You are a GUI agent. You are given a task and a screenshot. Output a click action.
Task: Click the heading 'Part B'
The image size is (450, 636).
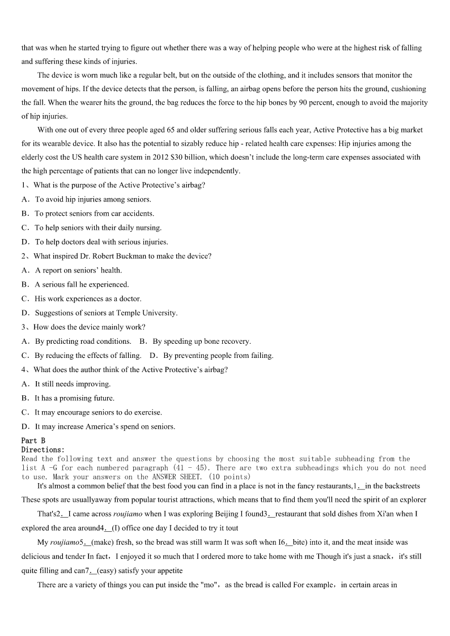(x=33, y=441)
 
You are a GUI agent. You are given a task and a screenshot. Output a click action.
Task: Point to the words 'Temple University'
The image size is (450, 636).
(x=148, y=313)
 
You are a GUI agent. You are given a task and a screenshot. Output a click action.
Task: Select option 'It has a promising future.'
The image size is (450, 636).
(x=74, y=398)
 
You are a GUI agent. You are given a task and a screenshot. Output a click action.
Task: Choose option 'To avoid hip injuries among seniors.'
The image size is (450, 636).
(x=93, y=199)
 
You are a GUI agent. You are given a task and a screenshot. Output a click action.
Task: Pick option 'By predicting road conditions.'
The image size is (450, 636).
(x=83, y=341)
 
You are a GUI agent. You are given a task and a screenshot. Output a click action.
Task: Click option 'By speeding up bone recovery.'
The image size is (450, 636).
(x=201, y=341)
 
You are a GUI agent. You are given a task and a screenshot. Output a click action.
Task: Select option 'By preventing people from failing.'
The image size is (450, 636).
(x=218, y=356)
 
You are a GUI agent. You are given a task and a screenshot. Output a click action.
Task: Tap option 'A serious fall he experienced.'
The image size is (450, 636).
(x=82, y=284)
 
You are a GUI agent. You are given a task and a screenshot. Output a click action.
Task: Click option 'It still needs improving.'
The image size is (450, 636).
(x=73, y=384)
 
